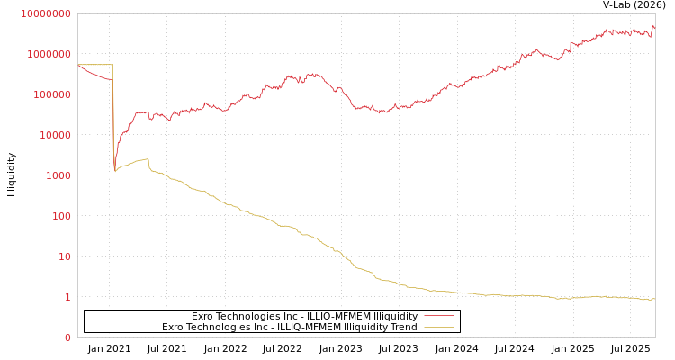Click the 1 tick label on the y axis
click(x=67, y=297)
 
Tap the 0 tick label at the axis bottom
click(x=67, y=337)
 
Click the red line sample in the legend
click(x=438, y=316)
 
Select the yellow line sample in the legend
click(x=438, y=327)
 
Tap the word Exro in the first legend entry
click(x=202, y=316)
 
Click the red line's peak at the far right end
click(x=652, y=26)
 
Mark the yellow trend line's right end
click(x=654, y=299)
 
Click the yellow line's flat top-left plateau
click(x=94, y=65)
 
